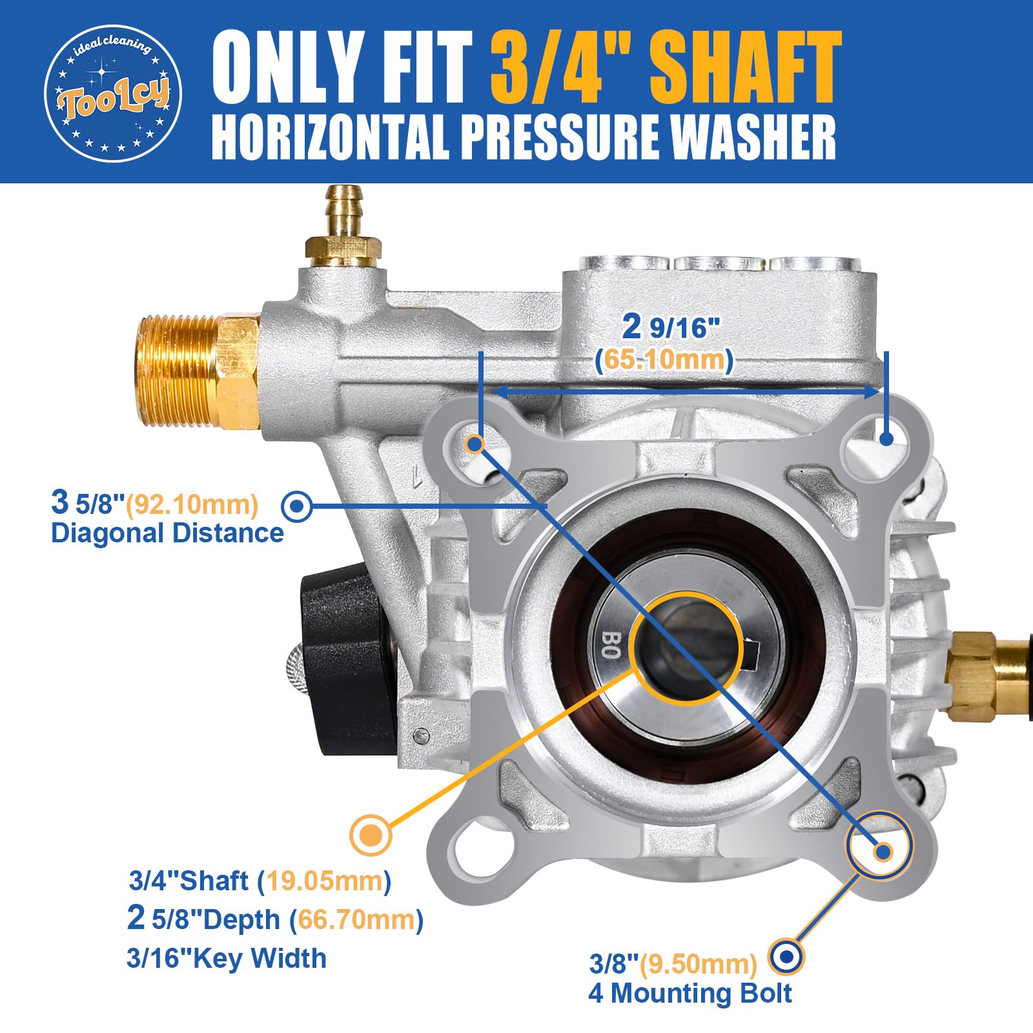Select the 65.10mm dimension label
664,360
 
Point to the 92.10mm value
192,504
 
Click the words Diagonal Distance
167,533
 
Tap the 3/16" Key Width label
227,958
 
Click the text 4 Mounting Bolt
690,993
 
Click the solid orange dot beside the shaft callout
371,835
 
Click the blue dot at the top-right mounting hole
886,438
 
